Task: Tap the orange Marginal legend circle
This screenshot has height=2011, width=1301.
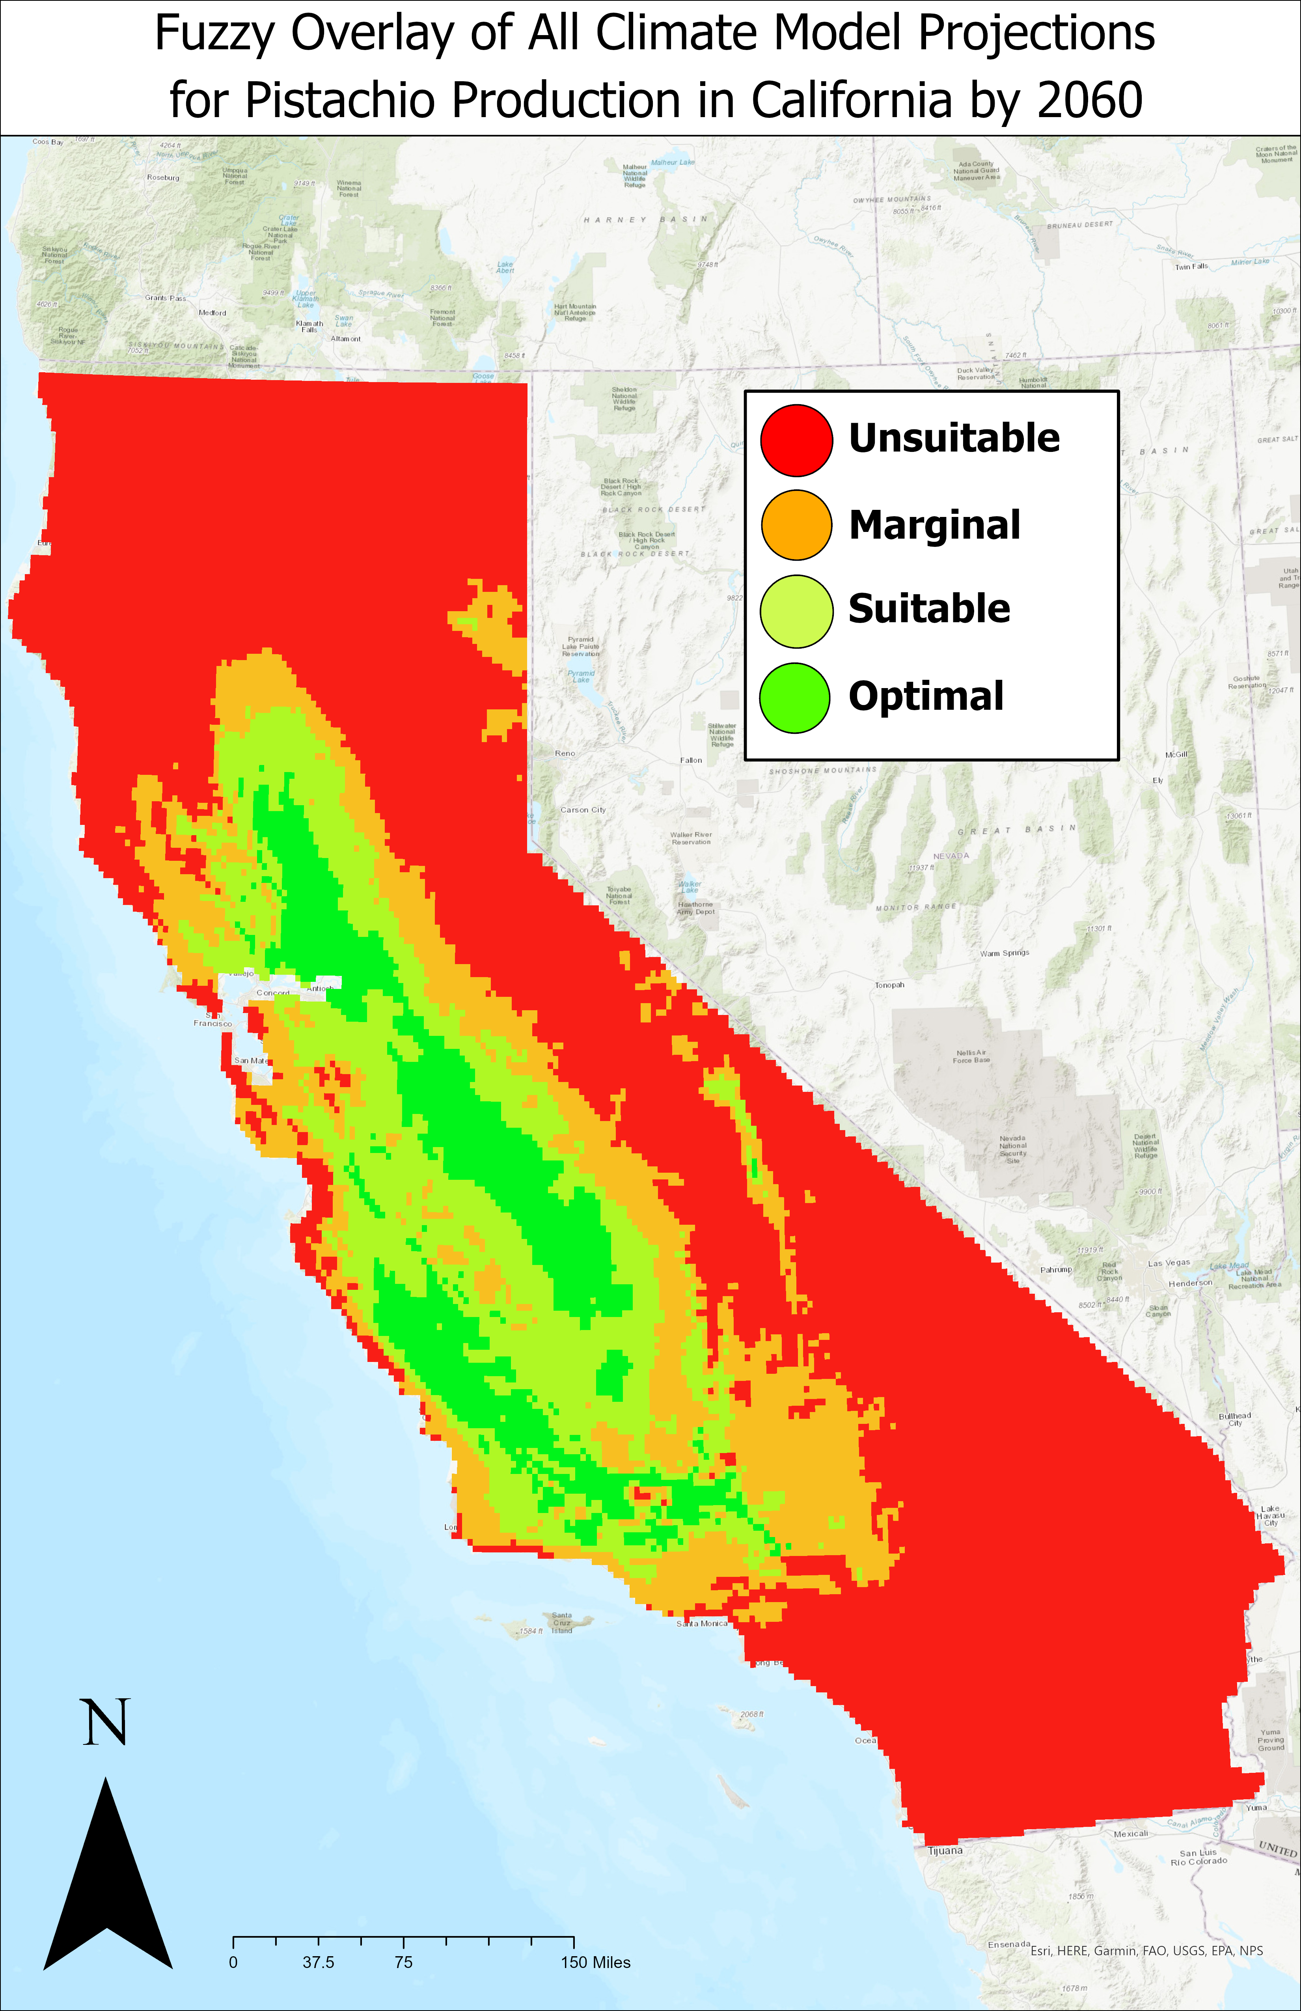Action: point(796,525)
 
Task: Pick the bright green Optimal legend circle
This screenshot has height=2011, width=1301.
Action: point(794,697)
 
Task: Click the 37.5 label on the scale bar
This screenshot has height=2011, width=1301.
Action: point(319,1962)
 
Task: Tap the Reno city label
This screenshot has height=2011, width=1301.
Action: point(565,753)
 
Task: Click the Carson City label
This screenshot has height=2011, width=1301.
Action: point(583,810)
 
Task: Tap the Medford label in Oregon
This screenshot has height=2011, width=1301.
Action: point(212,313)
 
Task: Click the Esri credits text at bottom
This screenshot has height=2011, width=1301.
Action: point(1146,1951)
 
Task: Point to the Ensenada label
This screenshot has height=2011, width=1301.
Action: point(1009,1944)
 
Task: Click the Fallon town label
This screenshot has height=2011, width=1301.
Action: point(691,759)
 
